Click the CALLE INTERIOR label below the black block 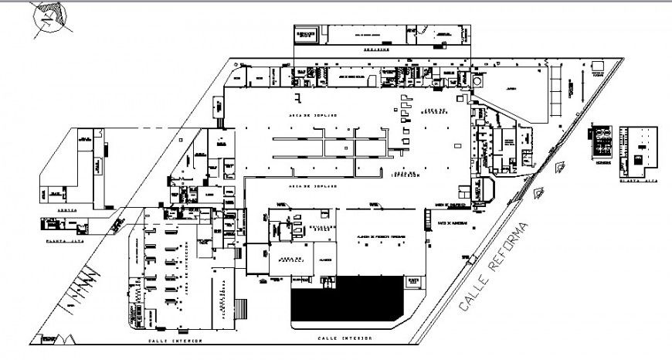coord(344,338)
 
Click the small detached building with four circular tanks coord(602,142)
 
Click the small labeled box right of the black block coord(413,282)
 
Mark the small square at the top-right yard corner coord(596,73)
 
